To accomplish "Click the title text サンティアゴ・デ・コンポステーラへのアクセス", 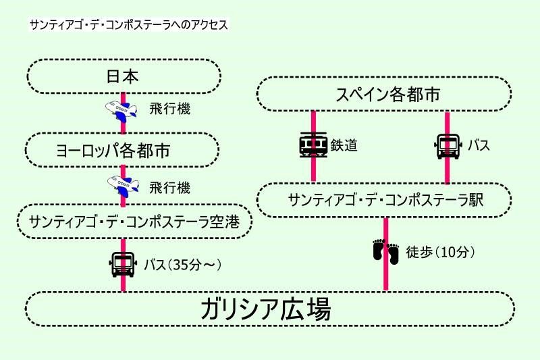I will tap(129, 26).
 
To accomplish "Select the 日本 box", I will tap(123, 76).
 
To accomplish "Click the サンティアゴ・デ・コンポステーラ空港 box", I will tap(135, 221).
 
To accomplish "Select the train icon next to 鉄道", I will tap(313, 145).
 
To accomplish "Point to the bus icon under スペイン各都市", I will tap(448, 146).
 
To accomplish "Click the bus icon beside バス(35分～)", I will tap(123, 264).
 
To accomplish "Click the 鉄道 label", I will tap(344, 145).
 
